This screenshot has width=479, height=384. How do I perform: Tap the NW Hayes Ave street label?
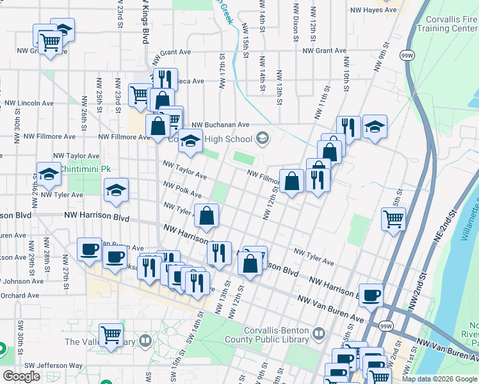[373, 10]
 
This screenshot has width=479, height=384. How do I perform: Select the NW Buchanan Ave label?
[220, 125]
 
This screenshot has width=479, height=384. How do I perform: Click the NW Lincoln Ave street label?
[29, 102]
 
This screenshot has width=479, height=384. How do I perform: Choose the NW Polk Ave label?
[183, 189]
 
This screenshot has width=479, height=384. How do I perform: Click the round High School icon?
[262, 137]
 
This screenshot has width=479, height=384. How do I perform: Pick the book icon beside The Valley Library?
[146, 341]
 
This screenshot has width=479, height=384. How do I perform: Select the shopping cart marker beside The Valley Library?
[111, 335]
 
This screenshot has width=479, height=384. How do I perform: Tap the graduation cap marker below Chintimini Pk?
[116, 190]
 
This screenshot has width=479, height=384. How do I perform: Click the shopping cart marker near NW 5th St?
[393, 219]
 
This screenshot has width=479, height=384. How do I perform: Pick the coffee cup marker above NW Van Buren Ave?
[370, 296]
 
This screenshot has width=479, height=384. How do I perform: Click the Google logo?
[21, 376]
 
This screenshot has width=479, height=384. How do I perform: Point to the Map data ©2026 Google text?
[439, 379]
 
